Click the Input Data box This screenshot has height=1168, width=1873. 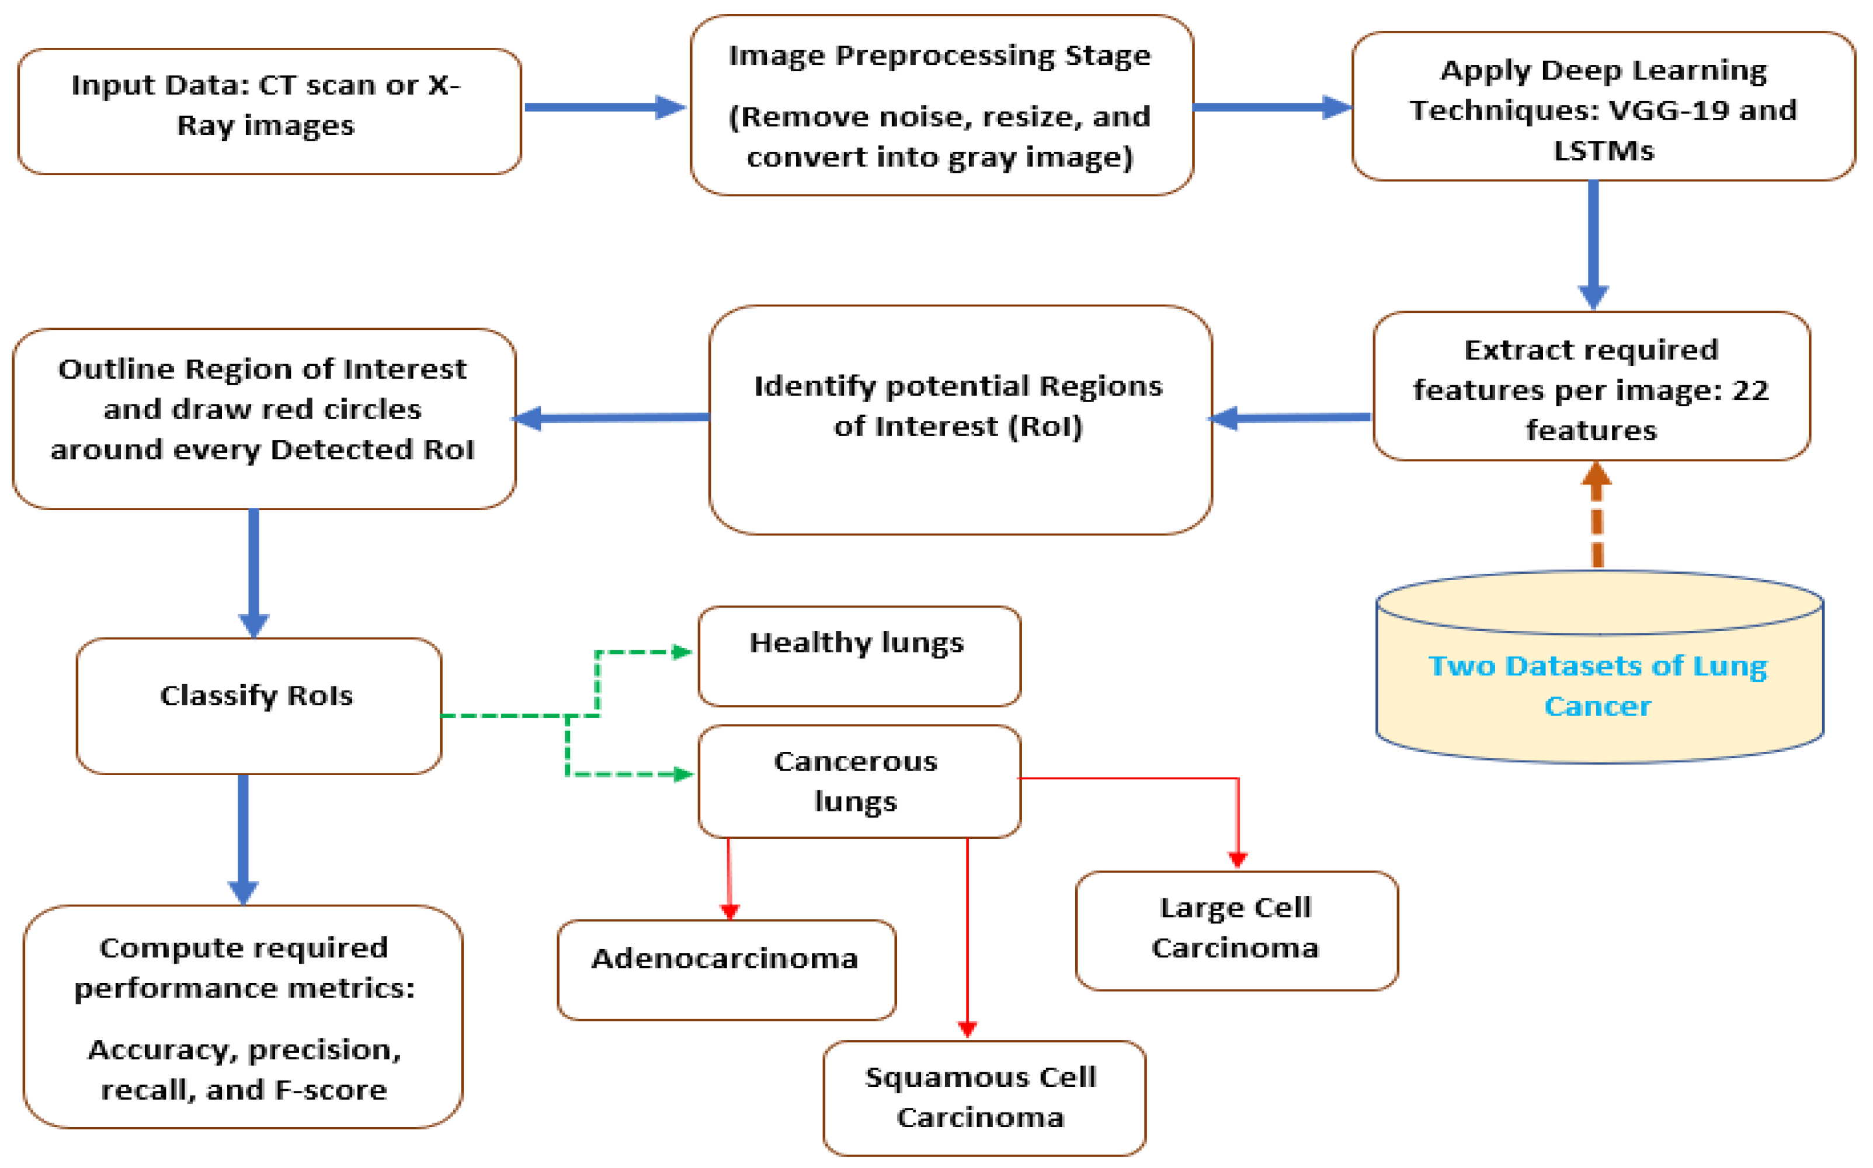tap(269, 111)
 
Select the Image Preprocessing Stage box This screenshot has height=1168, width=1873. tap(941, 105)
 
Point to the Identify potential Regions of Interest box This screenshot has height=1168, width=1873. tap(960, 420)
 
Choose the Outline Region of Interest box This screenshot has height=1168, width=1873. tap(263, 418)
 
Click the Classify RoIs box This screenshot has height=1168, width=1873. tap(258, 705)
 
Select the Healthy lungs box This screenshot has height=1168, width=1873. tap(859, 656)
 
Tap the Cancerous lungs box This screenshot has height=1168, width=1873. tap(859, 781)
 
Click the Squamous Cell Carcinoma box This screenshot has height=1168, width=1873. tap(984, 1098)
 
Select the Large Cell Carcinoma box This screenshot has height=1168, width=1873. tap(1236, 930)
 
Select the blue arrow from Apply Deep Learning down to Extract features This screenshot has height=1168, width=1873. tap(1593, 243)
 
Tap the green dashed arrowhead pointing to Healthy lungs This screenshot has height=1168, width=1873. tap(682, 652)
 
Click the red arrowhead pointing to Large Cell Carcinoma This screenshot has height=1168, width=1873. tap(1238, 859)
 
